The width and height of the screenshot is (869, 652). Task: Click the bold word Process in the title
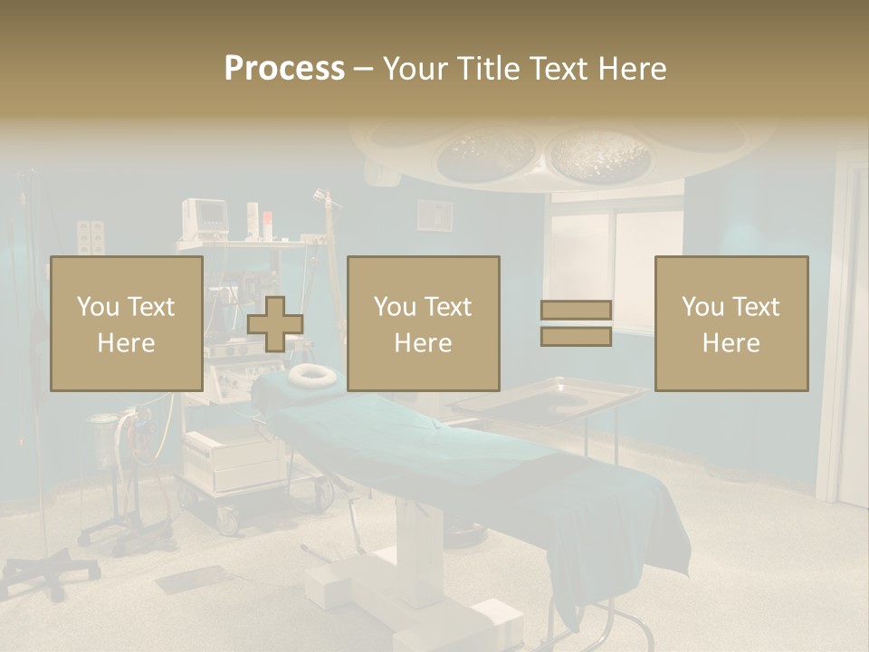[x=284, y=69]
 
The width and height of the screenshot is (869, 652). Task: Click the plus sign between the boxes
[x=275, y=324]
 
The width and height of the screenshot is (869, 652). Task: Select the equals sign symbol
[x=576, y=323]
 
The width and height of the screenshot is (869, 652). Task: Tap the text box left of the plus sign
[x=127, y=323]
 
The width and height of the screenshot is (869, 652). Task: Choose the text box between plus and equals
[x=424, y=323]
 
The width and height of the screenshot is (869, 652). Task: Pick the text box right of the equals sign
[x=731, y=323]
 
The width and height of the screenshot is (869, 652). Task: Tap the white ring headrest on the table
[x=311, y=374]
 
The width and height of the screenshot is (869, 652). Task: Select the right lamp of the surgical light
[x=599, y=154]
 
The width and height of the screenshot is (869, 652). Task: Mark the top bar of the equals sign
[x=576, y=311]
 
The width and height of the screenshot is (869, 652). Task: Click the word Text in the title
[x=555, y=69]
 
